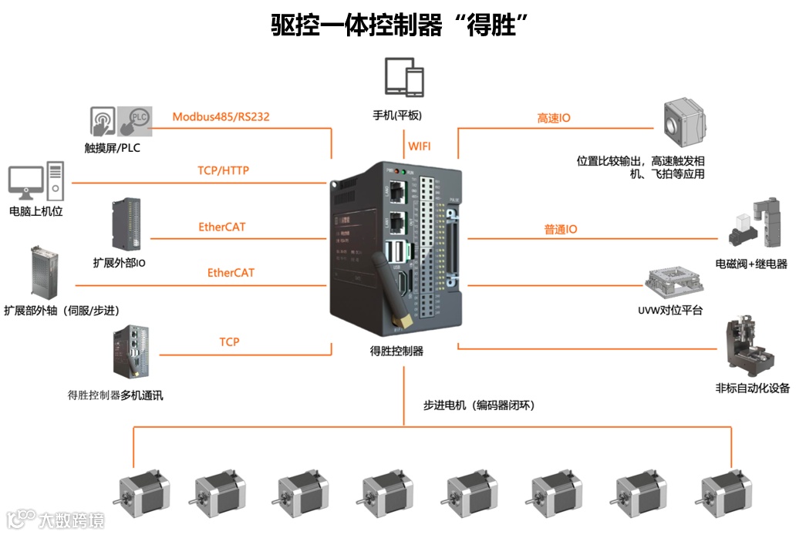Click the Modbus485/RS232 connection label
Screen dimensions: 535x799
221,117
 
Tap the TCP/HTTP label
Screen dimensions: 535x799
223,170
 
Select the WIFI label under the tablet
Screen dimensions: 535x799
420,146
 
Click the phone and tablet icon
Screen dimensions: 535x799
405,79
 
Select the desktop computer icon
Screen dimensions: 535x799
35,181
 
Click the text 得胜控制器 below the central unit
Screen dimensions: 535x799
396,351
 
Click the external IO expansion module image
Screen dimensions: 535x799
126,224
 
